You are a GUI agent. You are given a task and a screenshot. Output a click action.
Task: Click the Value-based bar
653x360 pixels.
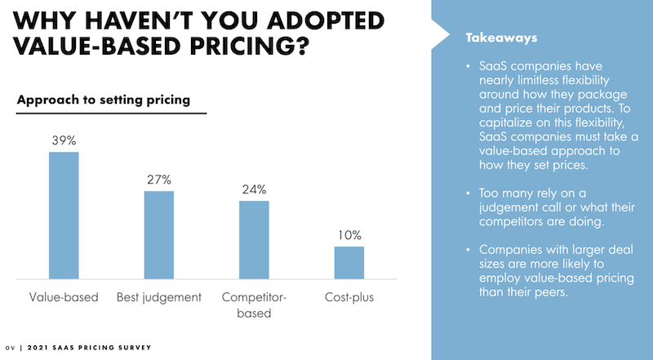point(64,216)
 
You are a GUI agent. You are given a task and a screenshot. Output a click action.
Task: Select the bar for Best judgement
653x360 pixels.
point(159,236)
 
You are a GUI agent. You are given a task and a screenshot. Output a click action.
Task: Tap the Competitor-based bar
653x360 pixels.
point(254,241)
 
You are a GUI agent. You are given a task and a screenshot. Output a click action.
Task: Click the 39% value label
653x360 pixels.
point(64,141)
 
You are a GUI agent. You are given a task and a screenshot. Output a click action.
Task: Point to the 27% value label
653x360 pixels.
point(159,180)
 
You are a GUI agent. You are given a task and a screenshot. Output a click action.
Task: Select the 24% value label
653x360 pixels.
point(254,189)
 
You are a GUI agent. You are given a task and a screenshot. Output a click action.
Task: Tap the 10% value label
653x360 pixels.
point(349,235)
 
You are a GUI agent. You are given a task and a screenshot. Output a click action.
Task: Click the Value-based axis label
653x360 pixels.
point(64,298)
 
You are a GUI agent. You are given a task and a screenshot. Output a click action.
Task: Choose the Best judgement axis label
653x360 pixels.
point(159,298)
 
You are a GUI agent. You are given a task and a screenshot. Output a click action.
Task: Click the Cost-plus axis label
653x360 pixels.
point(349,298)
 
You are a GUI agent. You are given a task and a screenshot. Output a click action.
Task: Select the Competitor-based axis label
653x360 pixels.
point(254,304)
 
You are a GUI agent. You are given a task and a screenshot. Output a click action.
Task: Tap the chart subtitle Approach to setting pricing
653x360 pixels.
point(104,100)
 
